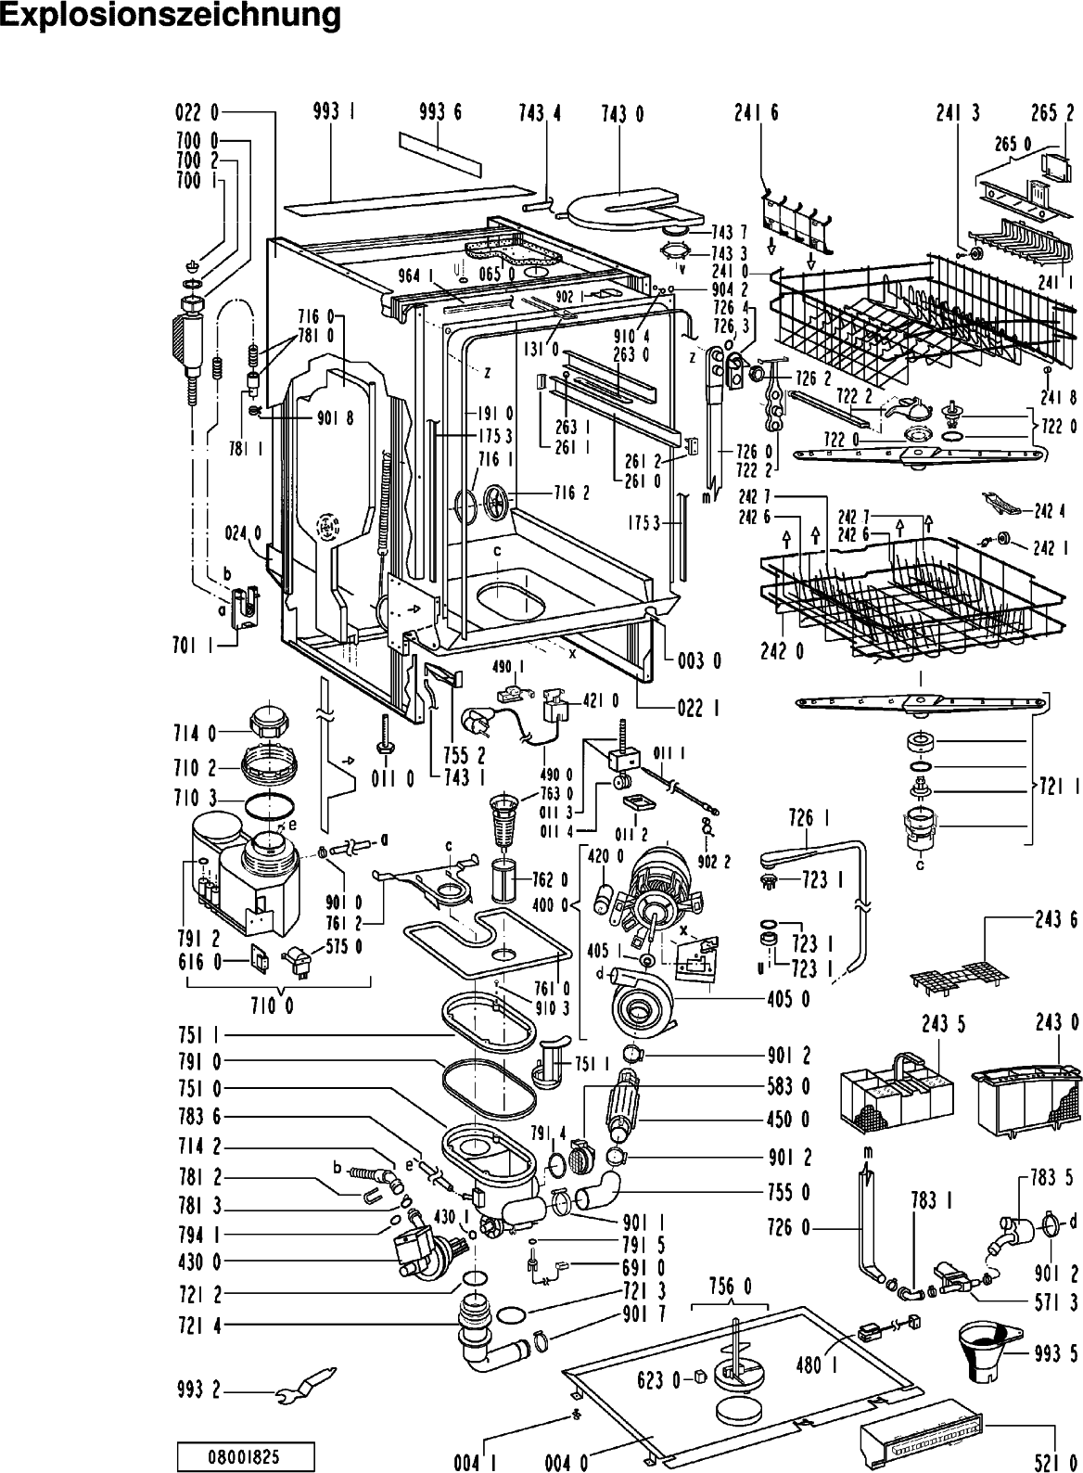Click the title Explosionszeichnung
(x=171, y=16)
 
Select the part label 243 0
(x=1057, y=1023)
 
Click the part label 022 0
(x=197, y=113)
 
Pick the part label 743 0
(x=622, y=115)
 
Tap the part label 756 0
(x=729, y=1287)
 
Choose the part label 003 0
(x=699, y=660)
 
